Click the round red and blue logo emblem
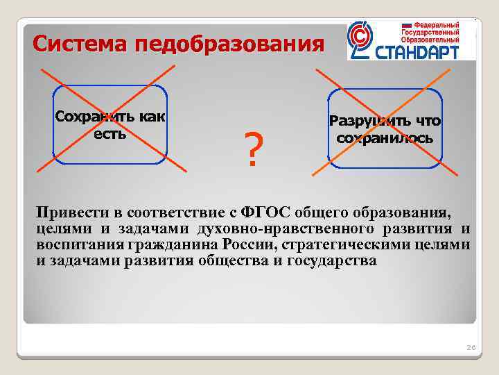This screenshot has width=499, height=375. pyautogui.click(x=361, y=40)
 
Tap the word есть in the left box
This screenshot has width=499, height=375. pyautogui.click(x=110, y=133)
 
